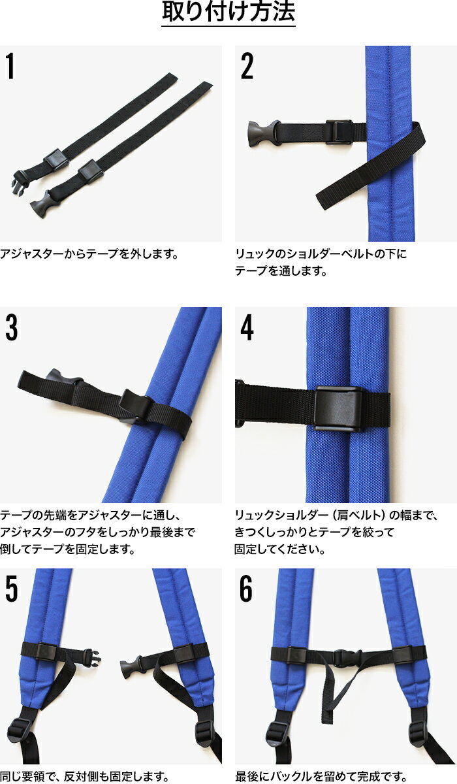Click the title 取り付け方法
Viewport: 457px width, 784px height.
pos(228,12)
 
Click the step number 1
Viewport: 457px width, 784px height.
pos(10,66)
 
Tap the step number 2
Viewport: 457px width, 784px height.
pos(247,66)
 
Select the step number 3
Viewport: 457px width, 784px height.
pos(12,327)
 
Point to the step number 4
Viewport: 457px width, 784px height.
pos(247,327)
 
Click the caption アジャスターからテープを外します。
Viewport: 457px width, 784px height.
pos(89,253)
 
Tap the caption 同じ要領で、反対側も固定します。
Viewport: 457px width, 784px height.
pos(85,776)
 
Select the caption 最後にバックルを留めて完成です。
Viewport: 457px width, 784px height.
pos(321,776)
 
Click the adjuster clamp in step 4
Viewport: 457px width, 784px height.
pos(338,408)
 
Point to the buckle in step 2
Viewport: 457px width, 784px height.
pos(264,133)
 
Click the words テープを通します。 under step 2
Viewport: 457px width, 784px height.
pos(281,270)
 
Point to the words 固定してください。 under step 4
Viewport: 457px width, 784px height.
pos(280,549)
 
